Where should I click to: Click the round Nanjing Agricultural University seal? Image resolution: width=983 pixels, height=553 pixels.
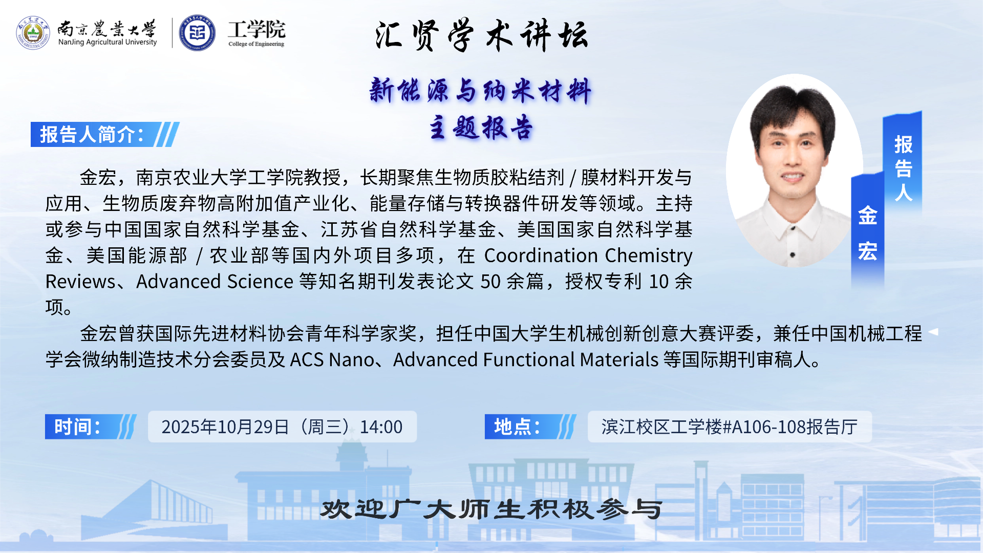(x=33, y=33)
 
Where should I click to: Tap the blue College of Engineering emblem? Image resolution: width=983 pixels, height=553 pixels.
(x=197, y=33)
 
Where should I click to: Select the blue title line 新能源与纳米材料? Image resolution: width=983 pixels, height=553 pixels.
(x=480, y=91)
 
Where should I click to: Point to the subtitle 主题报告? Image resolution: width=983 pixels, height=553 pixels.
(x=481, y=127)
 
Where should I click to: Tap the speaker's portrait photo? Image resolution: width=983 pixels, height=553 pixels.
(x=794, y=171)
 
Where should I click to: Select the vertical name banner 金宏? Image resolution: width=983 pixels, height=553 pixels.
(x=868, y=233)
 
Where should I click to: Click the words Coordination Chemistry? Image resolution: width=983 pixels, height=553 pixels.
(x=588, y=255)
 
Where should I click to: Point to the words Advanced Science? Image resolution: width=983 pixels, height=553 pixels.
(x=215, y=281)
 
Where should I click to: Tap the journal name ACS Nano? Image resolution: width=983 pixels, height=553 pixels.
(x=332, y=359)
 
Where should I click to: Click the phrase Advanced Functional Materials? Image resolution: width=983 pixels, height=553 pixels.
(x=526, y=359)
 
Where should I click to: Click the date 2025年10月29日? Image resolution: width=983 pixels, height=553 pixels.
(x=225, y=427)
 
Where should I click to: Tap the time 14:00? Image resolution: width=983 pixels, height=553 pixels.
(x=381, y=427)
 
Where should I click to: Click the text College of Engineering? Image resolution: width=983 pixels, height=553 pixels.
(x=256, y=44)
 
